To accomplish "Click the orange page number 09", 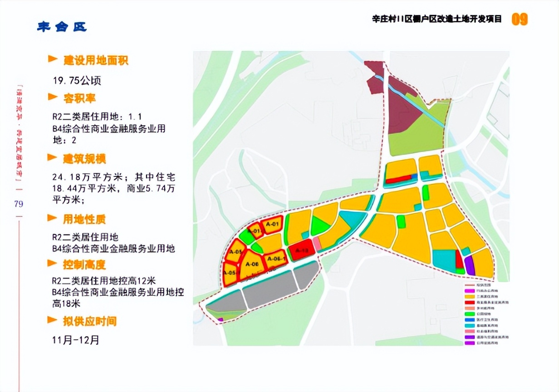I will (x=520, y=19).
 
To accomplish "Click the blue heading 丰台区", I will (x=62, y=27).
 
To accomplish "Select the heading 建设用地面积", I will (x=95, y=60).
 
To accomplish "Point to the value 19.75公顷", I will (x=77, y=81).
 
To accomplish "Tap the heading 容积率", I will (x=79, y=98).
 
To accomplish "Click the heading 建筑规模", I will (x=84, y=159).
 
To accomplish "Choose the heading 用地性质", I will (x=84, y=220).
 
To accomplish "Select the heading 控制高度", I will (x=84, y=264).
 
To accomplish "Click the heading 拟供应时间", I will (x=90, y=321).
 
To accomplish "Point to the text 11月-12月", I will (x=76, y=340).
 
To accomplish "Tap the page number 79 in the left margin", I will (x=19, y=204).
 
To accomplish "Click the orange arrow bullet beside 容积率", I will (x=53, y=97).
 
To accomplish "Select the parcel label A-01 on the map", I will (x=272, y=224).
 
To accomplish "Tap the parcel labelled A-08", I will (x=252, y=265).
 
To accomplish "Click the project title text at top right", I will (x=437, y=19).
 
